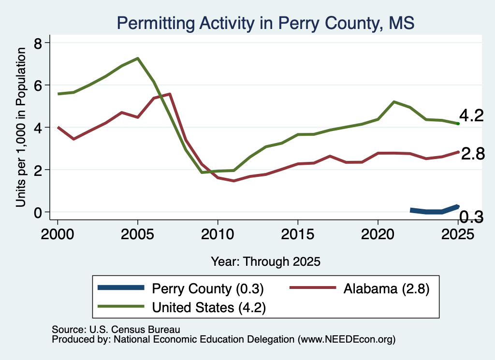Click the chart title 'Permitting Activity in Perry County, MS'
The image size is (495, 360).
(265, 23)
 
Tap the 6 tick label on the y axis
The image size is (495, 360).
(38, 85)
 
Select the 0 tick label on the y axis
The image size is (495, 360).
(38, 212)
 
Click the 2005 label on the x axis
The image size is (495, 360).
(137, 234)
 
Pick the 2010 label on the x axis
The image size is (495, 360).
(218, 234)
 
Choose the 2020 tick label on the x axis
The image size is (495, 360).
(378, 234)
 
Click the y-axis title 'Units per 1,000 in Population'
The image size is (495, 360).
(21, 127)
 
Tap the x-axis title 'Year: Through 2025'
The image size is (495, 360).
(265, 261)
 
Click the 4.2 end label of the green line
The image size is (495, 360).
(471, 115)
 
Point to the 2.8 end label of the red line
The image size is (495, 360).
(473, 154)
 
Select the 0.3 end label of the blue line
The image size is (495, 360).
(471, 217)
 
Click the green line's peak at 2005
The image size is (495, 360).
(138, 58)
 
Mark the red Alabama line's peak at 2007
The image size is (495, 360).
(170, 94)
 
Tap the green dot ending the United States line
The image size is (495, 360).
(458, 123)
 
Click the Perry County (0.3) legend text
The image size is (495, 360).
(208, 288)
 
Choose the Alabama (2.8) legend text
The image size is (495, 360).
(386, 288)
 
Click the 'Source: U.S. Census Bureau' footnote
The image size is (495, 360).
(116, 330)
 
